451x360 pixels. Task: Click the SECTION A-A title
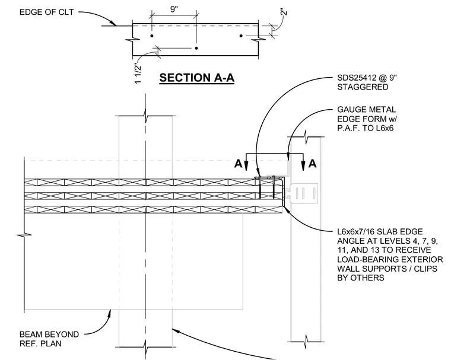pyautogui.click(x=197, y=78)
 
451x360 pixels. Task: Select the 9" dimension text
pyautogui.click(x=174, y=9)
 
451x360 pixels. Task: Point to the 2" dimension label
pyautogui.click(x=284, y=12)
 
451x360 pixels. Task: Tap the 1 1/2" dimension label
pyautogui.click(x=138, y=74)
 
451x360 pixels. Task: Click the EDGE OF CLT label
pyautogui.click(x=47, y=12)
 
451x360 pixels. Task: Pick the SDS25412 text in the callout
pyautogui.click(x=357, y=78)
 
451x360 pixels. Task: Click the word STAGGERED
pyautogui.click(x=363, y=87)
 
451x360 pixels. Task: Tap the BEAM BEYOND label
pyautogui.click(x=49, y=334)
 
